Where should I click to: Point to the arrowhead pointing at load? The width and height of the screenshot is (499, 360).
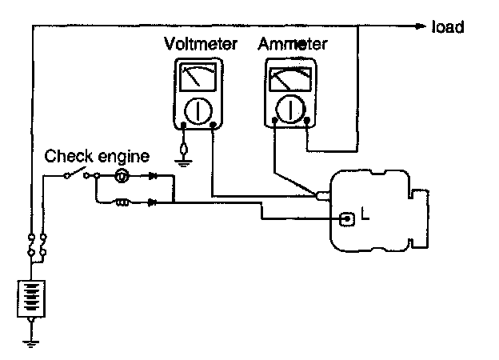click(421, 26)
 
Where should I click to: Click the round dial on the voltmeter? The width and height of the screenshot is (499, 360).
click(198, 109)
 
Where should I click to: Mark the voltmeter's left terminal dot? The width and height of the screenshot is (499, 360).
click(184, 126)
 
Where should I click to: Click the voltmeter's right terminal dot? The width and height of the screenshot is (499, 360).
click(213, 126)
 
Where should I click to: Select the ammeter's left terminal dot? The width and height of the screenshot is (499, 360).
click(275, 122)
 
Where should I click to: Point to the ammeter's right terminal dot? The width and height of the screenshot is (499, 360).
click(306, 122)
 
